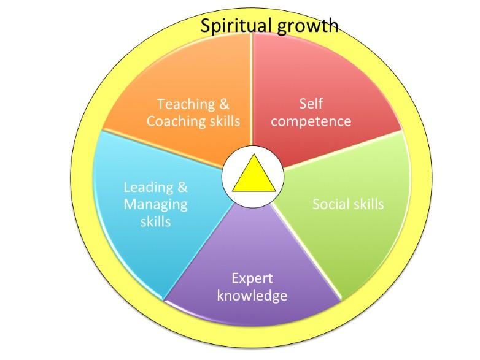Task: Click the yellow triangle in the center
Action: [x=254, y=176]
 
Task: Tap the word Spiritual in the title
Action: [x=236, y=26]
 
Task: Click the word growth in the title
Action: [x=308, y=26]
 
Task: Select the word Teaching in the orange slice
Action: [x=186, y=105]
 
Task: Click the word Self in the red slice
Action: [x=311, y=104]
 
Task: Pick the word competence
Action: [x=311, y=121]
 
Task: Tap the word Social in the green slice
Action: [x=331, y=204]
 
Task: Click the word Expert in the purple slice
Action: [x=252, y=279]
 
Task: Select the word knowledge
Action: [x=252, y=295]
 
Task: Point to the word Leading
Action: [x=149, y=188]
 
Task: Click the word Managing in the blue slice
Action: [x=155, y=205]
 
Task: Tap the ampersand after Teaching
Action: [x=224, y=104]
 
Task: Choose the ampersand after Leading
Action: [x=182, y=187]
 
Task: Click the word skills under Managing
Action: [x=155, y=222]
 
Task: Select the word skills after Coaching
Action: [x=225, y=121]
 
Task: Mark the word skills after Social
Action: [x=368, y=204]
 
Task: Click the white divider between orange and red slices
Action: [x=252, y=89]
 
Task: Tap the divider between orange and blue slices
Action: [x=162, y=149]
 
